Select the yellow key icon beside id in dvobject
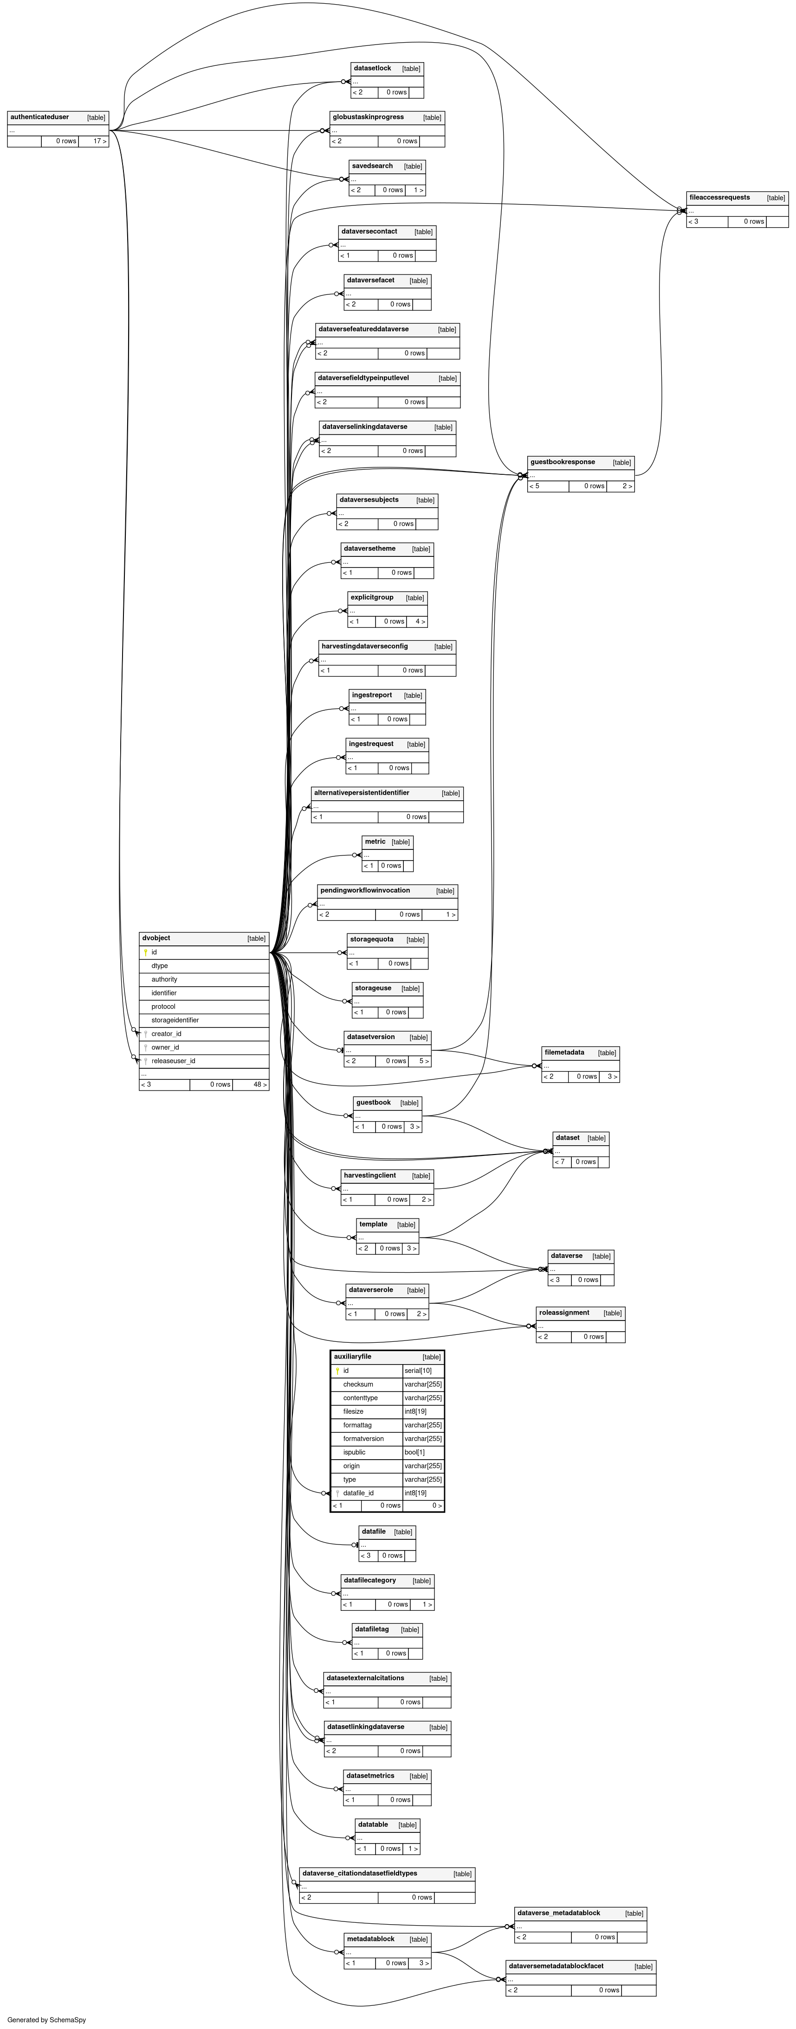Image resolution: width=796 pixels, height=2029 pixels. tap(146, 952)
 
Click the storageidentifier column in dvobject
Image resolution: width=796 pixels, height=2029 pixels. tap(175, 1020)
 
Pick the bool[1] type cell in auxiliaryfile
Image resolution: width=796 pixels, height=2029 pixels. tap(414, 1453)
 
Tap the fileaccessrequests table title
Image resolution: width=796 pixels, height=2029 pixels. tap(719, 198)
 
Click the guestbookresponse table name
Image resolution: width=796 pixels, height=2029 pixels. tap(562, 462)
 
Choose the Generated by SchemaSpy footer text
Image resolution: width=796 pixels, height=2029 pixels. tap(46, 2020)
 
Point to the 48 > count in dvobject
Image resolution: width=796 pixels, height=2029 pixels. tap(259, 1085)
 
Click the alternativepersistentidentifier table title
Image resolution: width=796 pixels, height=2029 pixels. tap(361, 793)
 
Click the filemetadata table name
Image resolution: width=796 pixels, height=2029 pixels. tap(564, 1053)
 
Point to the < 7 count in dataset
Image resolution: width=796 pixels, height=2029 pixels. tap(560, 1162)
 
